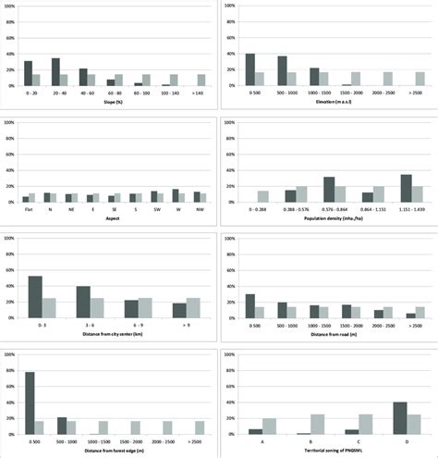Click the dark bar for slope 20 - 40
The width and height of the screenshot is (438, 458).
tap(55, 72)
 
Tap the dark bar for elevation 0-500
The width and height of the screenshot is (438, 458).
tap(250, 70)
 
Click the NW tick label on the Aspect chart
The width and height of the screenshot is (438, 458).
tap(197, 209)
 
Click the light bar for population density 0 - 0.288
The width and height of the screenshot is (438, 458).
tap(263, 197)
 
